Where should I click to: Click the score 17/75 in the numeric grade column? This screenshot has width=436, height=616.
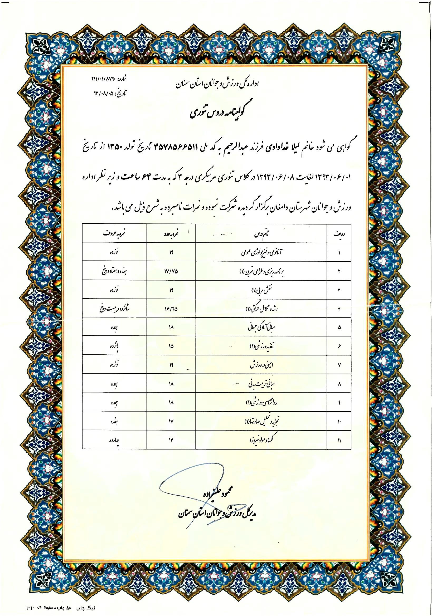[x=171, y=271]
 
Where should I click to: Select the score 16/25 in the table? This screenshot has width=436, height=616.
[x=171, y=309]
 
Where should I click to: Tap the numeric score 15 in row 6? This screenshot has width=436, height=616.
[x=171, y=346]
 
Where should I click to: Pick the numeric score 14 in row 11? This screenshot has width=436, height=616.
[x=171, y=440]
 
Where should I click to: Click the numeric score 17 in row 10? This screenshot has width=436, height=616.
[x=171, y=421]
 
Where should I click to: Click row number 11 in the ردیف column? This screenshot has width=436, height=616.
[x=339, y=440]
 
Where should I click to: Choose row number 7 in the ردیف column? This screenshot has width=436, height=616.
[x=339, y=365]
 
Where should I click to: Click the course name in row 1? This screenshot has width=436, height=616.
[x=261, y=252]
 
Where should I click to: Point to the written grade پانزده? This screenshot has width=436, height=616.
[x=114, y=346]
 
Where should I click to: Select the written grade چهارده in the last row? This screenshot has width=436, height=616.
[x=114, y=440]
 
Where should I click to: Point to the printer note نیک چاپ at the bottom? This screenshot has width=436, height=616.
[x=87, y=608]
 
